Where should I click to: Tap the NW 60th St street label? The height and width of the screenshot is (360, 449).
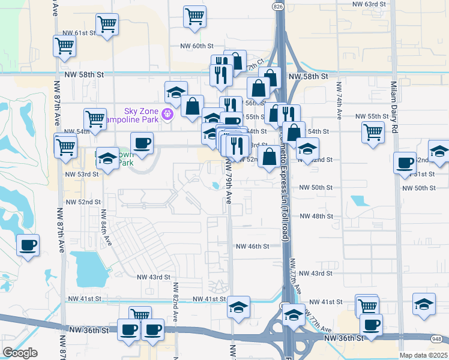point(197,46)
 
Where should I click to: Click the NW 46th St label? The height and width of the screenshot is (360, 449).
point(253,246)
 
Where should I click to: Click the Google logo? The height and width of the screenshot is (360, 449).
point(20,352)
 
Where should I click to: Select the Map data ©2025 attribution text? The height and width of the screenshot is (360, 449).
point(421,355)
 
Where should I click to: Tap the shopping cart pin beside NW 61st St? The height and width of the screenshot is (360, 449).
point(107,25)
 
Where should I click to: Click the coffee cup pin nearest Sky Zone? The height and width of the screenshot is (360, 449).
point(142,143)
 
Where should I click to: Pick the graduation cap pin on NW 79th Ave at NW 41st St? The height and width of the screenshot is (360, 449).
point(238,307)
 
